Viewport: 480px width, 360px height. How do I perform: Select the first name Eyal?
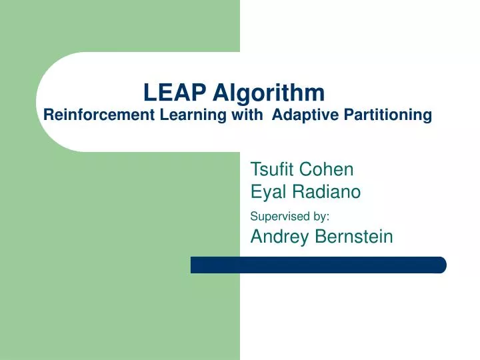pos(267,193)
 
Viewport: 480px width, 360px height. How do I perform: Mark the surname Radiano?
pos(325,193)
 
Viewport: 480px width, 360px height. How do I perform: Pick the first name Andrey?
pos(277,236)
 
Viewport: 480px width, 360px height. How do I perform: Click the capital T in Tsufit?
pos(255,169)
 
